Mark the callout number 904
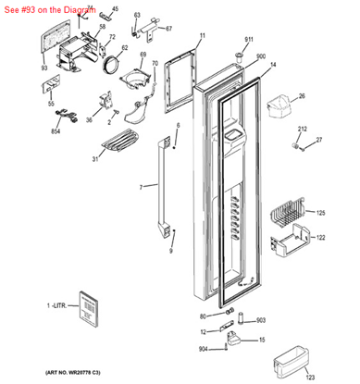pyautogui.click(x=203, y=348)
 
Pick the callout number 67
pyautogui.click(x=168, y=29)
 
